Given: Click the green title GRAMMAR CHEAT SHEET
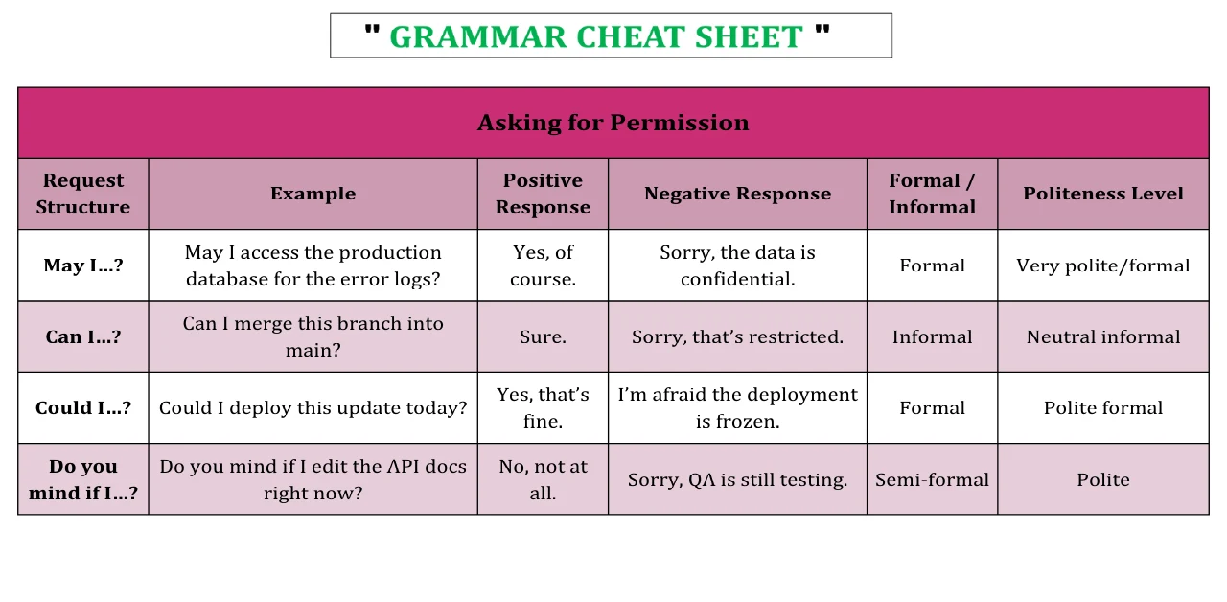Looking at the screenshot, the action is click(x=596, y=36).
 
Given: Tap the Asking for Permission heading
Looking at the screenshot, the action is click(x=613, y=123).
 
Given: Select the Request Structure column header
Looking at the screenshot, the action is click(x=83, y=194).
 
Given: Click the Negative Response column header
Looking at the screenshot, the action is click(x=737, y=194).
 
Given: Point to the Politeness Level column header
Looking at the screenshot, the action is click(x=1103, y=194).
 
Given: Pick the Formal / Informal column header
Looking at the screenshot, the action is click(x=932, y=194).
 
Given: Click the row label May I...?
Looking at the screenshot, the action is click(x=83, y=266).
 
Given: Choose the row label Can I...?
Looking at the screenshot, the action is click(x=83, y=336).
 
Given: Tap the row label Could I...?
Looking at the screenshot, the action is click(x=83, y=408).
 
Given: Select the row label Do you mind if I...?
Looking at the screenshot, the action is click(x=83, y=479).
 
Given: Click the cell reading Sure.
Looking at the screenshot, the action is click(x=543, y=336).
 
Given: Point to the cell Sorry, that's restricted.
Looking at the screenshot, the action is click(x=737, y=336).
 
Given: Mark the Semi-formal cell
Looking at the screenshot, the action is click(x=932, y=480).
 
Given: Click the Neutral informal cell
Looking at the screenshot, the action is click(x=1103, y=336).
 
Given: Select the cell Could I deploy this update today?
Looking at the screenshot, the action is click(x=313, y=408).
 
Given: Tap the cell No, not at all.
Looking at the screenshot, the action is click(x=543, y=479).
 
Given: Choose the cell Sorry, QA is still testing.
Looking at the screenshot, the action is click(x=737, y=480).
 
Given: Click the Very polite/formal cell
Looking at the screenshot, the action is click(x=1103, y=266).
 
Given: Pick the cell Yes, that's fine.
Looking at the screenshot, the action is click(x=543, y=408).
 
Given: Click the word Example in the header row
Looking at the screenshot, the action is click(x=313, y=194).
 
